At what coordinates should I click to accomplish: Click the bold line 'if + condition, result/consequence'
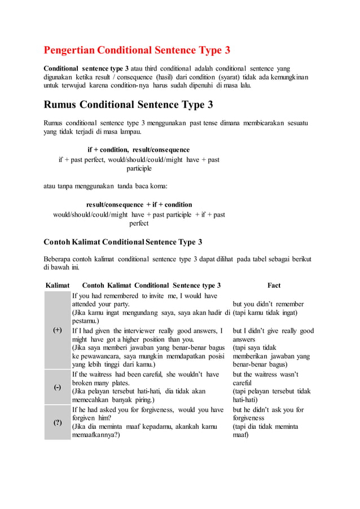(138, 150)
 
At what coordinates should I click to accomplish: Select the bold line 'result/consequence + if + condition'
(139, 204)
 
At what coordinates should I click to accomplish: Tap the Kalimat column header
(57, 286)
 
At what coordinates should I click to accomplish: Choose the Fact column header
(274, 286)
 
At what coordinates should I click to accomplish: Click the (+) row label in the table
(58, 330)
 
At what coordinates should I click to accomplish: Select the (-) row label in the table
(58, 387)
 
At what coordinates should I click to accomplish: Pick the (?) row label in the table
(58, 423)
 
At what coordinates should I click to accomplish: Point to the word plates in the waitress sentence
(118, 383)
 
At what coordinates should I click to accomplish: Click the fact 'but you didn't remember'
(268, 304)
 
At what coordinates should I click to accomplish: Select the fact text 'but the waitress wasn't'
(265, 374)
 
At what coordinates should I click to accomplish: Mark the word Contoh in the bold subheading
(56, 242)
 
